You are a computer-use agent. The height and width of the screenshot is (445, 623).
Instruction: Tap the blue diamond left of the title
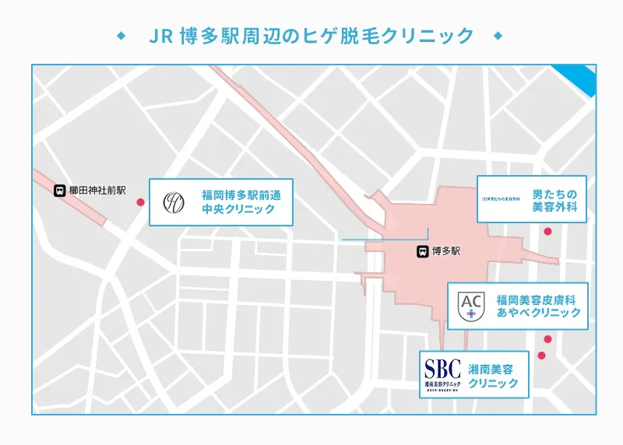coord(120,36)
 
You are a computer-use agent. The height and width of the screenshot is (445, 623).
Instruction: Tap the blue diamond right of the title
coord(498,36)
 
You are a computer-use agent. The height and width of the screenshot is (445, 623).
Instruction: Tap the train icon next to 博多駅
coord(421,251)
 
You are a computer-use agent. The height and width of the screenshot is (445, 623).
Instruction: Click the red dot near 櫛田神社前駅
coord(141,202)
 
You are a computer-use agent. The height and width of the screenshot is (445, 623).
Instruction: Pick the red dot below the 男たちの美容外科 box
coord(547,231)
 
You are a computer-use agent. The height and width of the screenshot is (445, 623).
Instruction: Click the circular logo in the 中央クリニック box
coord(174,202)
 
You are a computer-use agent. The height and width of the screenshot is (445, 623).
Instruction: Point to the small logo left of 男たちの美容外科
coord(503,200)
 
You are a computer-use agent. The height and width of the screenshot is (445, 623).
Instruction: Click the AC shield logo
coord(470,304)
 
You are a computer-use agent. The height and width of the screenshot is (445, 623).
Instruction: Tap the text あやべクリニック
coord(538,313)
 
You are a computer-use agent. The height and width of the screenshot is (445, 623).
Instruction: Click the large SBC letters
coord(442,366)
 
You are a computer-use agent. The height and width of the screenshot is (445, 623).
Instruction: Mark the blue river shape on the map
coord(583,79)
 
